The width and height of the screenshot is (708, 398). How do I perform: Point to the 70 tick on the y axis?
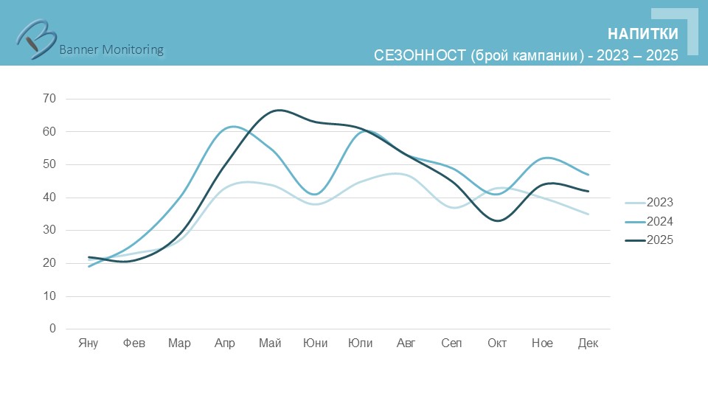[x=49, y=99]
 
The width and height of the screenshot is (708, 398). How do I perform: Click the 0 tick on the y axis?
[x=52, y=329]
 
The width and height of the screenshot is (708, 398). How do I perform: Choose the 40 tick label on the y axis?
[x=49, y=198]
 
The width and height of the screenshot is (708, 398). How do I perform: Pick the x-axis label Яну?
[x=88, y=343]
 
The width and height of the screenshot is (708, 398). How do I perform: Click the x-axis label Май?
[x=270, y=343]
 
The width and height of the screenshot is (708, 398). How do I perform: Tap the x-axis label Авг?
[x=406, y=343]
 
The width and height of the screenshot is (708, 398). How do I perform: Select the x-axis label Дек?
[x=588, y=343]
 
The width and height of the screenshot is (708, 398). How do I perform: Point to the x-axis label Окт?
[x=497, y=343]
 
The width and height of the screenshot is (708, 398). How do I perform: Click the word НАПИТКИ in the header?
[x=642, y=34]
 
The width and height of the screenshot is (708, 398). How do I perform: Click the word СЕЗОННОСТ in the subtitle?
[x=419, y=56]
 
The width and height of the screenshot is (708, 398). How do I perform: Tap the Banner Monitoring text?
[x=111, y=50]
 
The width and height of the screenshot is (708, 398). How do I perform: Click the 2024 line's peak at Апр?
[x=232, y=127]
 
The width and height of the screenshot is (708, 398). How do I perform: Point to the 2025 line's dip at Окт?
[x=498, y=220]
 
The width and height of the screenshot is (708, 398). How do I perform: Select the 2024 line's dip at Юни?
[x=316, y=195]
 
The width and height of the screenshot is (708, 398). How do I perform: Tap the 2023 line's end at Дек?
[x=588, y=214]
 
